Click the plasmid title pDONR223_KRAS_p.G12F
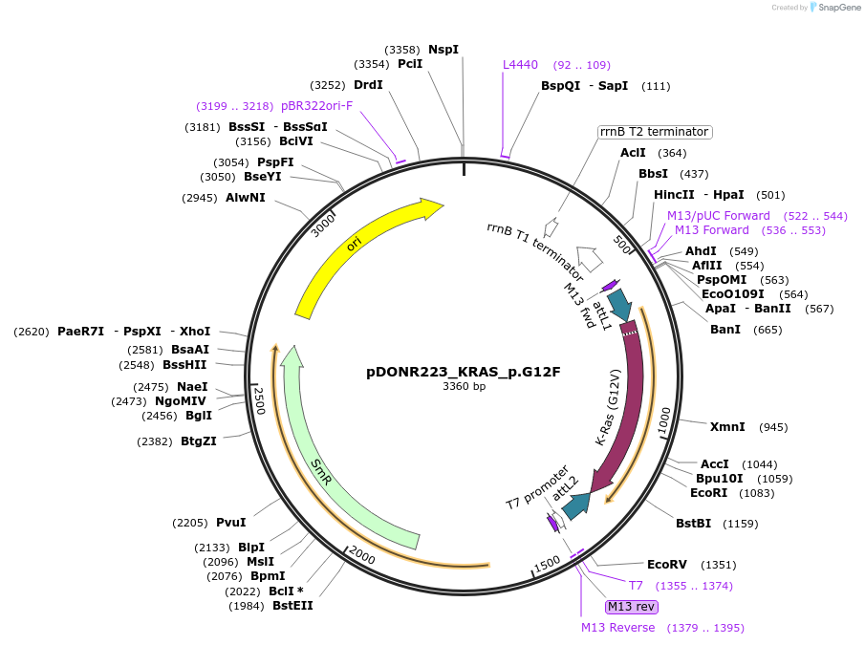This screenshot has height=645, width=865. click(x=464, y=372)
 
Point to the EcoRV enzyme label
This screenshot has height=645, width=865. click(x=667, y=565)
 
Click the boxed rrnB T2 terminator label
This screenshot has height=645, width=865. click(x=655, y=132)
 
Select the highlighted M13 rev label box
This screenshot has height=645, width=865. click(x=632, y=607)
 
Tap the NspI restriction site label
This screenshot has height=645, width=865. click(x=443, y=49)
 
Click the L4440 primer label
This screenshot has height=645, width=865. click(x=521, y=65)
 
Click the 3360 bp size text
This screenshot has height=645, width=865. click(x=464, y=387)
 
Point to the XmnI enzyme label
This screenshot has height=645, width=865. click(x=727, y=426)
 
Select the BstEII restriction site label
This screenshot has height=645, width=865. click(x=292, y=605)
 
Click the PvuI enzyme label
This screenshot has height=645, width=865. click(x=230, y=523)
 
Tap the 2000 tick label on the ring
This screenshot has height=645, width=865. click(x=362, y=555)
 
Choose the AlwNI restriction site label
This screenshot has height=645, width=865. click(x=246, y=198)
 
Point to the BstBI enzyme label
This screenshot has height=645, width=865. click(x=694, y=524)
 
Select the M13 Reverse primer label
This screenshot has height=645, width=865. click(x=618, y=628)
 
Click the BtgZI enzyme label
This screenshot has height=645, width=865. click(x=199, y=441)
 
